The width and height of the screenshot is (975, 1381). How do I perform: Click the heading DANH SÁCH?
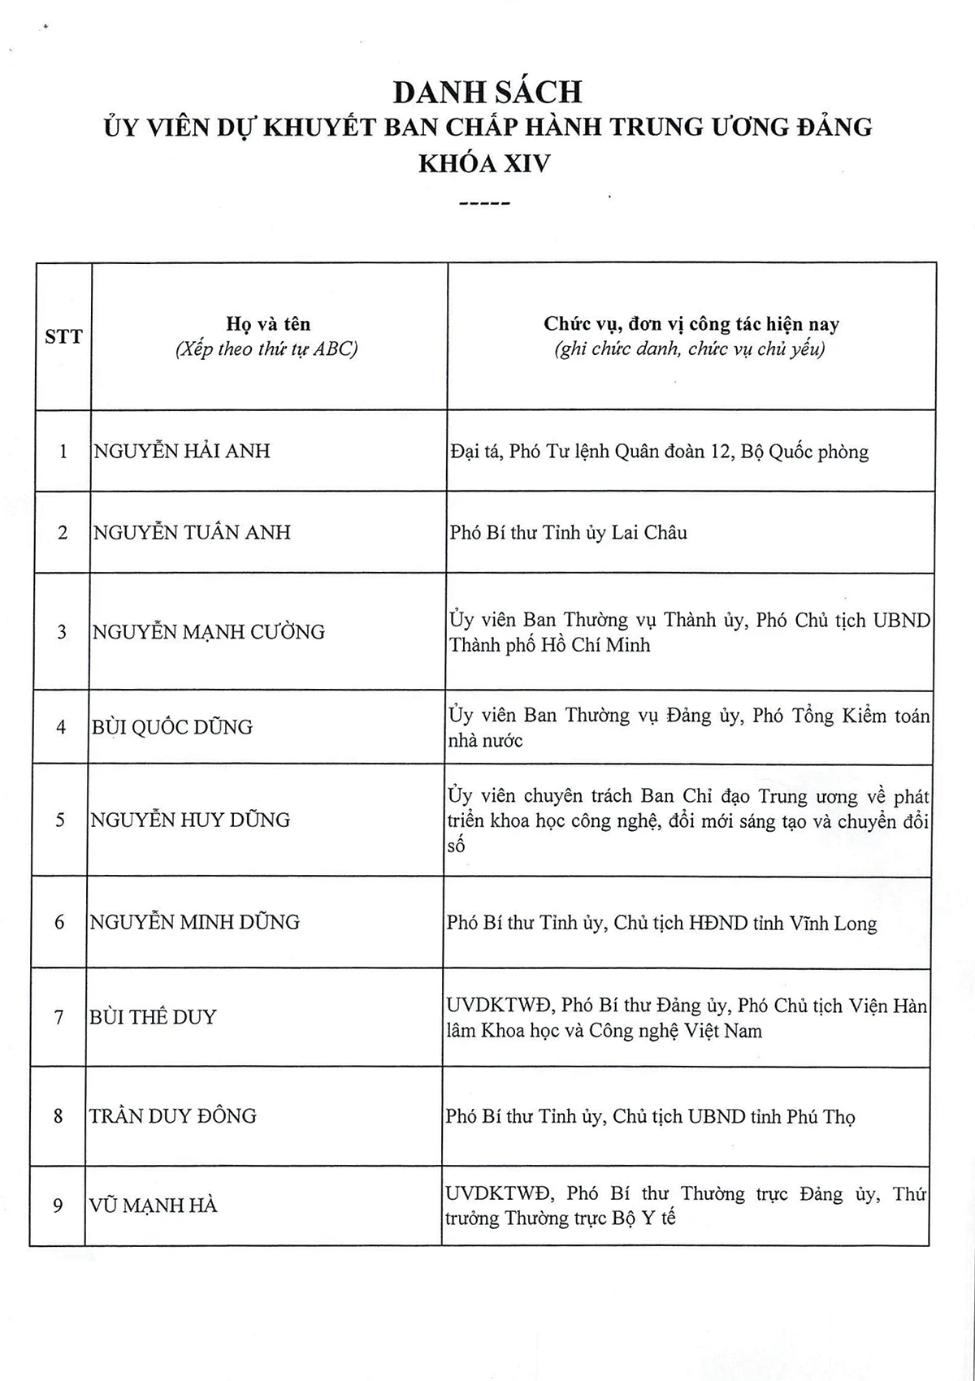pyautogui.click(x=487, y=92)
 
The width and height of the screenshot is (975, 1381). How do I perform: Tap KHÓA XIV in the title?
pyautogui.click(x=484, y=163)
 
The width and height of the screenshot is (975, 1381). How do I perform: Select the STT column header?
pyautogui.click(x=63, y=336)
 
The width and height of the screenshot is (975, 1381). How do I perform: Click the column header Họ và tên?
pyautogui.click(x=268, y=324)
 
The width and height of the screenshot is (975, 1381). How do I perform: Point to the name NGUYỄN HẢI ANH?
pyautogui.click(x=182, y=451)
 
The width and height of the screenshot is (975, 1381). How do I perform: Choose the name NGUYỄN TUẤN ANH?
pyautogui.click(x=192, y=532)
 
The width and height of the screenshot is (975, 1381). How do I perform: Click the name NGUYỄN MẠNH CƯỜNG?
pyautogui.click(x=208, y=632)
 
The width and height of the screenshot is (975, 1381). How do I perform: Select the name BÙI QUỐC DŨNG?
pyautogui.click(x=171, y=727)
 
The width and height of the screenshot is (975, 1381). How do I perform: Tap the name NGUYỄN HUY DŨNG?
pyautogui.click(x=190, y=820)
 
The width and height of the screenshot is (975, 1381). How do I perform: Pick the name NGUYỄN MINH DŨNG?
pyautogui.click(x=194, y=922)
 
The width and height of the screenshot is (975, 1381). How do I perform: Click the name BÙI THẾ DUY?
pyautogui.click(x=153, y=1017)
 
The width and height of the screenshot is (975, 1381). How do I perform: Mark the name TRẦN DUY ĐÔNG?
pyautogui.click(x=173, y=1116)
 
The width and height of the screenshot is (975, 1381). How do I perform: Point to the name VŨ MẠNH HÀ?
pyautogui.click(x=153, y=1206)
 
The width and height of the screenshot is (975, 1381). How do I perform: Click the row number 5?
pyautogui.click(x=60, y=820)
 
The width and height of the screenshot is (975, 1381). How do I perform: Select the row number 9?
pyautogui.click(x=58, y=1206)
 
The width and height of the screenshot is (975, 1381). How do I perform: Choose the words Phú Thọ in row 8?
pyautogui.click(x=821, y=1117)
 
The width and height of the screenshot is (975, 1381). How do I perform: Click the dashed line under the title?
pyautogui.click(x=484, y=204)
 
